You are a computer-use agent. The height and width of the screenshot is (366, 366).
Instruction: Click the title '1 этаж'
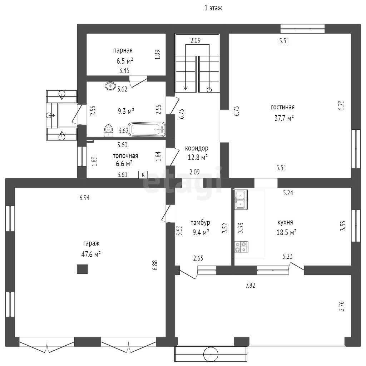click(x=213, y=8)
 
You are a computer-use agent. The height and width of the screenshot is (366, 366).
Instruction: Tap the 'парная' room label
click(x=123, y=50)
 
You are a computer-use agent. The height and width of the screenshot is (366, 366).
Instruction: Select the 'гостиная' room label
click(x=283, y=107)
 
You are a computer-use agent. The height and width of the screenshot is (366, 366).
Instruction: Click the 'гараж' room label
click(x=91, y=243)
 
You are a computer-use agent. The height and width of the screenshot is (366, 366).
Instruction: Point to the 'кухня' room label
click(x=285, y=222)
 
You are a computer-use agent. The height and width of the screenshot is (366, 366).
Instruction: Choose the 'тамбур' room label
click(x=200, y=222)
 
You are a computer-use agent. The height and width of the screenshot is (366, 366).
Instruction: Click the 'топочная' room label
click(x=125, y=156)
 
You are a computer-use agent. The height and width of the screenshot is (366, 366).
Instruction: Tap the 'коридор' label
click(x=197, y=148)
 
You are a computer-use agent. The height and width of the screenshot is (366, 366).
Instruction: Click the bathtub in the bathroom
click(x=147, y=129)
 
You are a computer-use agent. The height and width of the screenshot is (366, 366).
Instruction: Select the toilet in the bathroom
click(x=108, y=130)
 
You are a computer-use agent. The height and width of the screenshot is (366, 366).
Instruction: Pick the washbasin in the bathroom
click(x=110, y=86)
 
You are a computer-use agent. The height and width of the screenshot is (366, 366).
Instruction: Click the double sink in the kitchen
click(x=241, y=199)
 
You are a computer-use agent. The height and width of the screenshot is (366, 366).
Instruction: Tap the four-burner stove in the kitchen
click(x=241, y=247)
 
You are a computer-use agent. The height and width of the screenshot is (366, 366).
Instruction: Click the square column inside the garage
click(x=83, y=269)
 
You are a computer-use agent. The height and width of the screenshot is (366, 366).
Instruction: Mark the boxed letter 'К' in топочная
click(x=143, y=174)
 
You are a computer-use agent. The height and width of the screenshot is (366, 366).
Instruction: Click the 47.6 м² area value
click(x=91, y=254)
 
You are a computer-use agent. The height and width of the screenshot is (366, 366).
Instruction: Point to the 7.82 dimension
click(x=250, y=285)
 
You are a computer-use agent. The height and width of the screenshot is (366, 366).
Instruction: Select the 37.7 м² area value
click(x=284, y=118)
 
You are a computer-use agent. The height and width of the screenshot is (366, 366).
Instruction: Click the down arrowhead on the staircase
click(x=186, y=88)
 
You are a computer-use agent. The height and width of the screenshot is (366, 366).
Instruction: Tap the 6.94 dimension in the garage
click(x=84, y=198)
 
